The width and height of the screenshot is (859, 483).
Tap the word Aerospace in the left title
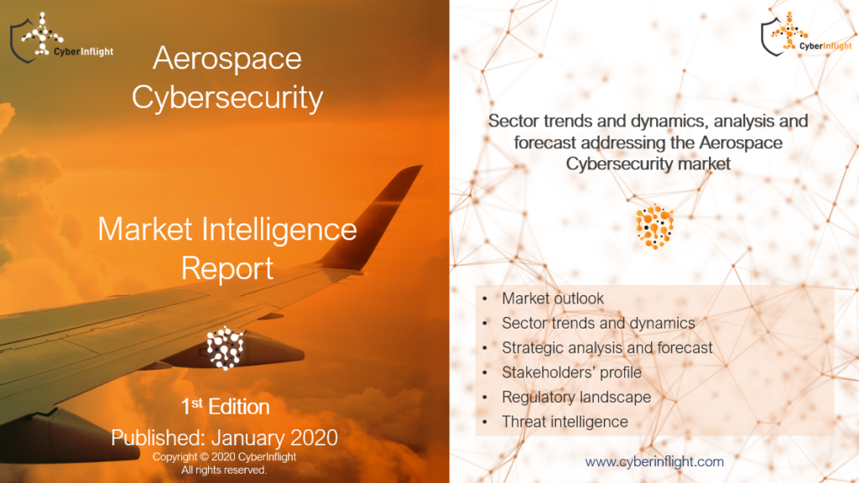226,59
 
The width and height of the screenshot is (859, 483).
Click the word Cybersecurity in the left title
226,97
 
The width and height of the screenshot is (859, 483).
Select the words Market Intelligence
226,228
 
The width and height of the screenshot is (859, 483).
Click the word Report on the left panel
226,267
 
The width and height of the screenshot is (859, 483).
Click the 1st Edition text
225,407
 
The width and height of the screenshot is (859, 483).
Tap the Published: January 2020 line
225,437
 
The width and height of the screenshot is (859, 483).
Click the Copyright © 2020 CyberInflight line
224,457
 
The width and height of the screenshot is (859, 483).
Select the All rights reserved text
224,470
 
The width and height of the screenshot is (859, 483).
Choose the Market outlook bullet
552,299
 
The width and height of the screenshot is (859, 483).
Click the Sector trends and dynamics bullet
597,323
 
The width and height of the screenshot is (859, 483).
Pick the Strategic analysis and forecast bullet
607,347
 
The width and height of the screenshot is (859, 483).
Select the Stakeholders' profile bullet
570,371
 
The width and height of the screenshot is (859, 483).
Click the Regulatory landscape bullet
575,397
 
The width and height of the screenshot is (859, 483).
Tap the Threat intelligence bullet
564,421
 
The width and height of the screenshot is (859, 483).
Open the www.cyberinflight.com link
653,461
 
